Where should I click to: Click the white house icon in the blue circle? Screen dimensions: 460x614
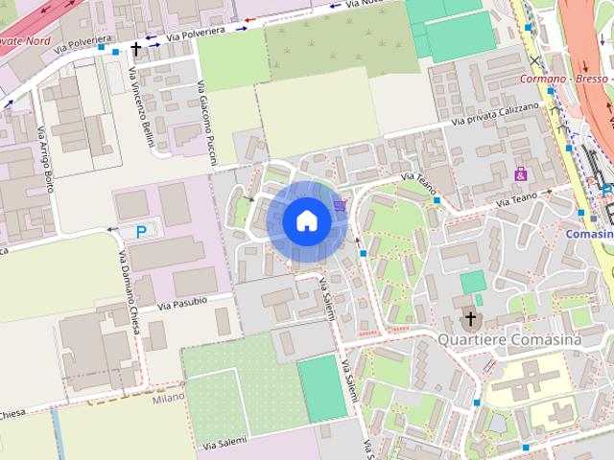pos(306,220)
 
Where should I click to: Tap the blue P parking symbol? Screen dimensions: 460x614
pos(141,231)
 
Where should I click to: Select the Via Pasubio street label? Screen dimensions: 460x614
pos(182,304)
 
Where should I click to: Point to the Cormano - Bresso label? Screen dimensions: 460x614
pos(566,80)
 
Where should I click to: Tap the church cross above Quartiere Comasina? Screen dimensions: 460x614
pos(470,318)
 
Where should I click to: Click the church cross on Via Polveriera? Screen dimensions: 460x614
pos(136,47)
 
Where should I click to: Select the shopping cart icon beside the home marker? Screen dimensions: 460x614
pos(339,203)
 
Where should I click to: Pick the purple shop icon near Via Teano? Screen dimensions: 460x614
pos(521,174)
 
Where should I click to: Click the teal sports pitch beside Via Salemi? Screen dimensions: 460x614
pos(322,388)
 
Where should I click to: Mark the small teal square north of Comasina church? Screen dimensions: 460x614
pos(472,282)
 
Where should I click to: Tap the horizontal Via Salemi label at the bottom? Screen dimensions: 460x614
pos(224,443)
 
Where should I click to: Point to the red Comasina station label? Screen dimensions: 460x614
pos(590,234)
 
